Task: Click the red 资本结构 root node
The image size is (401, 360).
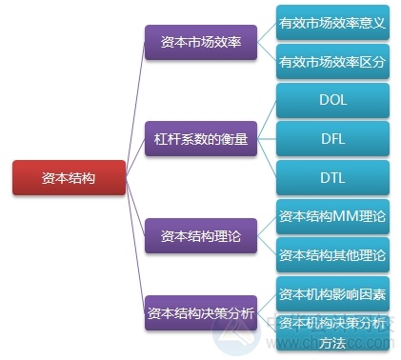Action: pyautogui.click(x=69, y=177)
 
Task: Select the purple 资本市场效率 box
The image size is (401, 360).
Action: pyautogui.click(x=201, y=43)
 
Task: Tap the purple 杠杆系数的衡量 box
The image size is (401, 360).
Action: pyautogui.click(x=201, y=139)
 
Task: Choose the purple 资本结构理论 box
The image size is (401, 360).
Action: pyautogui.click(x=201, y=235)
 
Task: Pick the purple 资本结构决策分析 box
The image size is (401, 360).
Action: pyautogui.click(x=201, y=312)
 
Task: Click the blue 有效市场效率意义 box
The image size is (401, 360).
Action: pyautogui.click(x=332, y=23)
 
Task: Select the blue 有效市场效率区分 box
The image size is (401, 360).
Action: pyautogui.click(x=332, y=63)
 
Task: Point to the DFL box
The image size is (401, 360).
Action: pyautogui.click(x=332, y=139)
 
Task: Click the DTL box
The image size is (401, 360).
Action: pyautogui.click(x=332, y=177)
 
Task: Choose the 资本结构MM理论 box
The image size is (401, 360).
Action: pyautogui.click(x=332, y=216)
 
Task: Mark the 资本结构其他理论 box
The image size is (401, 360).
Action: pyautogui.click(x=332, y=254)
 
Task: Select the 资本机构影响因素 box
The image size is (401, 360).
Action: pyautogui.click(x=332, y=292)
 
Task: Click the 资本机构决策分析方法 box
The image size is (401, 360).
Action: pyautogui.click(x=332, y=330)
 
